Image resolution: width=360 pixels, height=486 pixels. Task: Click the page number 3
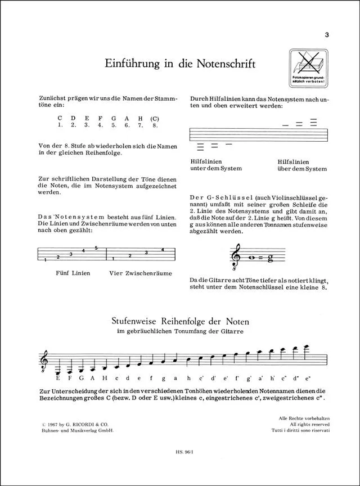pos(326,35)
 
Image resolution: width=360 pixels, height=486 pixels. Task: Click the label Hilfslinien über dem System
pos(301,164)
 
